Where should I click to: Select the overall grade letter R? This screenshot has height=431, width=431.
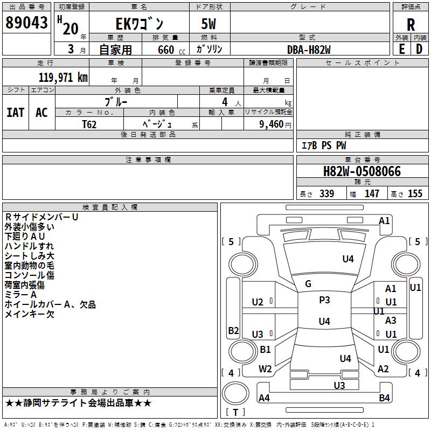(x=411, y=25)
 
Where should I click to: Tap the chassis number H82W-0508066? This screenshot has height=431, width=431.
(x=362, y=172)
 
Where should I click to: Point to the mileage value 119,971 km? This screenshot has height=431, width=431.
(x=63, y=78)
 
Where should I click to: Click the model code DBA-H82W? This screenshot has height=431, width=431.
(x=309, y=50)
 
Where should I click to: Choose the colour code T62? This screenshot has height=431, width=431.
(x=89, y=124)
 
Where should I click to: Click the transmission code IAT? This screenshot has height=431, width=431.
(x=15, y=113)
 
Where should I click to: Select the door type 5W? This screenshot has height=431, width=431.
(x=210, y=24)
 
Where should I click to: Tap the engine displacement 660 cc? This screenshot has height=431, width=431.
(x=165, y=50)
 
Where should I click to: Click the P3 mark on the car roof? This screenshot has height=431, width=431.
(x=324, y=300)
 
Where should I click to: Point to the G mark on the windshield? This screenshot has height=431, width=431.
(x=308, y=284)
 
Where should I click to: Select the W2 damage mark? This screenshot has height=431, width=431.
(x=265, y=369)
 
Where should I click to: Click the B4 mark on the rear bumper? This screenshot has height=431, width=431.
(x=384, y=398)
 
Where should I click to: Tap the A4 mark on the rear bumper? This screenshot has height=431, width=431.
(x=264, y=398)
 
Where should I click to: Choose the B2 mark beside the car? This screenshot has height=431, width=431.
(x=233, y=331)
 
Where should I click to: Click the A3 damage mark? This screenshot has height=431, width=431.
(x=391, y=321)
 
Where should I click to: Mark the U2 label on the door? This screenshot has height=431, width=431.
(x=258, y=302)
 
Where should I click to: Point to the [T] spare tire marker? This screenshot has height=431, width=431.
(x=235, y=413)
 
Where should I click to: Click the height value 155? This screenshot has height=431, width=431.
(x=415, y=194)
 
